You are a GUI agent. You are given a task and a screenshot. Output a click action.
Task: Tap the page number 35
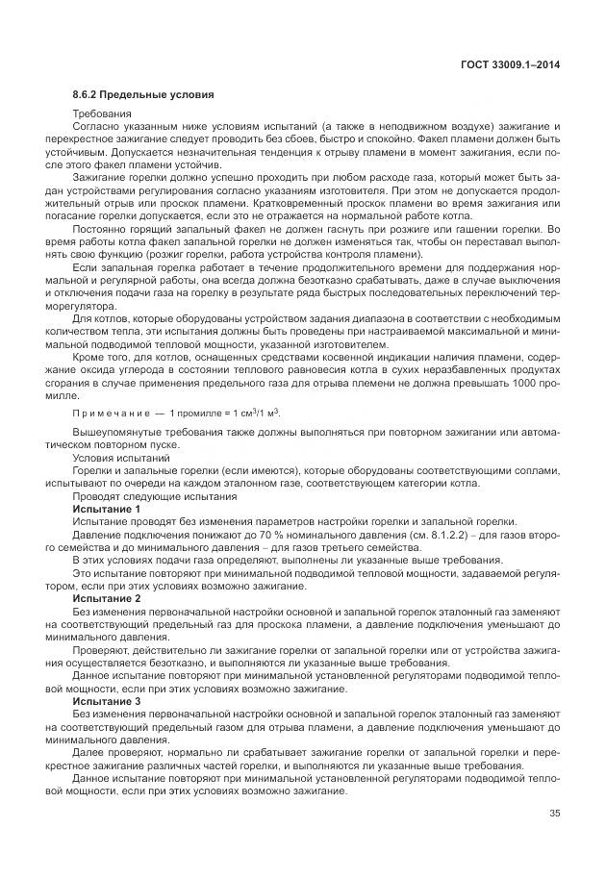[554, 815]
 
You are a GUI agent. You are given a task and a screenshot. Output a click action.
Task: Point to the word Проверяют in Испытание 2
[102, 650]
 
